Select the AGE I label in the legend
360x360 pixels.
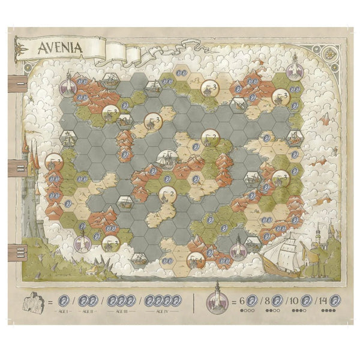click(63, 312)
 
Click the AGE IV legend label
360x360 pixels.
click(161, 312)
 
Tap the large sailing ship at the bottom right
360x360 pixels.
click(287, 254)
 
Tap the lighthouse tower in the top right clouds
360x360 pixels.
click(295, 66)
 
